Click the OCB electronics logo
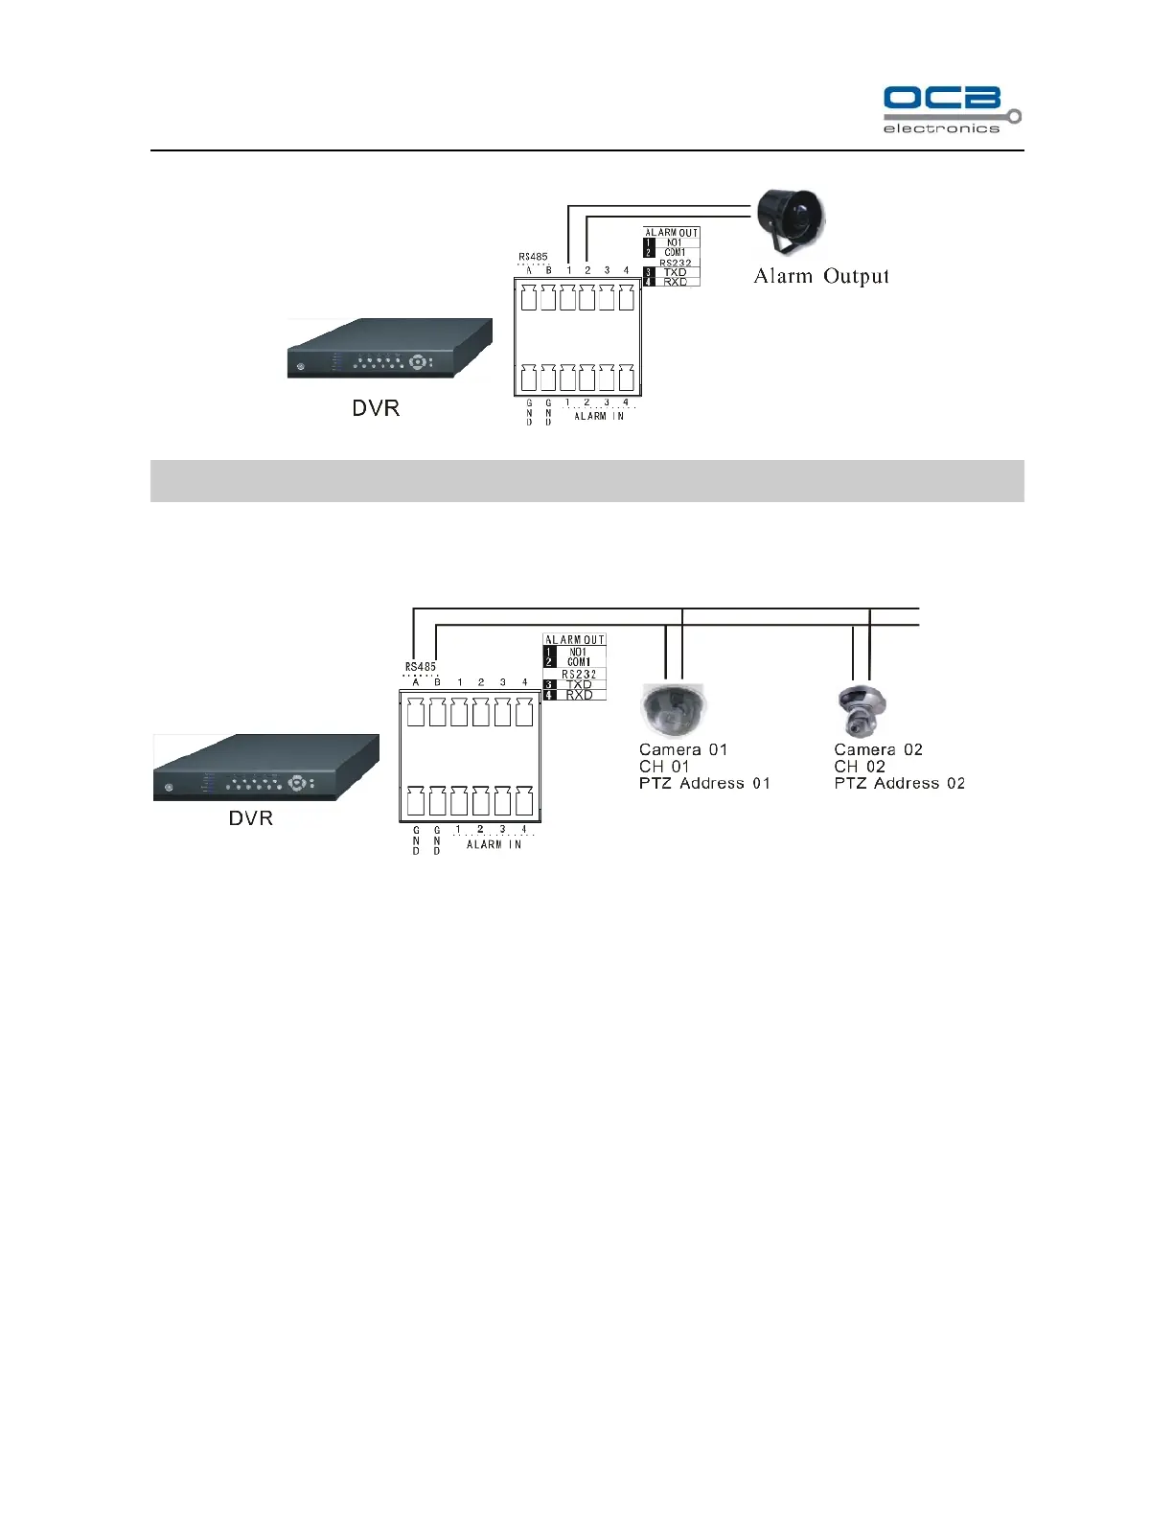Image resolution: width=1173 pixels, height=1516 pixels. pyautogui.click(x=951, y=109)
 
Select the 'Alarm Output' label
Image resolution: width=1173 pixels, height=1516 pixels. pyautogui.click(x=821, y=277)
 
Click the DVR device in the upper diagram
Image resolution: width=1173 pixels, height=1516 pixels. pyautogui.click(x=389, y=349)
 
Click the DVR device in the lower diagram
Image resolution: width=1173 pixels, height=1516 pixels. pyautogui.click(x=265, y=769)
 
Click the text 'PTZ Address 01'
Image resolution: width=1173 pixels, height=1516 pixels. pyautogui.click(x=704, y=784)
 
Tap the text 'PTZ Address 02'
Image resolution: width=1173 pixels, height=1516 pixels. pyautogui.click(x=899, y=784)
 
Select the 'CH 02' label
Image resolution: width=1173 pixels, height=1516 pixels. pyautogui.click(x=860, y=767)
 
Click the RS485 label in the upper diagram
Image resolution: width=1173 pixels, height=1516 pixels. pyautogui.click(x=533, y=257)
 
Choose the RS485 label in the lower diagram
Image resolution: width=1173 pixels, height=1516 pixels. pyautogui.click(x=420, y=667)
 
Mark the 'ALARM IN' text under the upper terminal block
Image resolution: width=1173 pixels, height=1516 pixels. pyautogui.click(x=599, y=416)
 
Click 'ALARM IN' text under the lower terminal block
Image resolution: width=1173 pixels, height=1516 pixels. pyautogui.click(x=494, y=844)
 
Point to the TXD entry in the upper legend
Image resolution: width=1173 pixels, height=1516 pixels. pyautogui.click(x=675, y=272)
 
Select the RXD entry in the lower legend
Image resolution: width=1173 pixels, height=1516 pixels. pyautogui.click(x=579, y=695)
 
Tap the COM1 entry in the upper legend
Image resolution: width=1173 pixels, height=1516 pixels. pyautogui.click(x=675, y=253)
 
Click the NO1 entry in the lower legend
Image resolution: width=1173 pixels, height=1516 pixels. pyautogui.click(x=578, y=652)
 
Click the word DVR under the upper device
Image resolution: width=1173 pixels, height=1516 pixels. pyautogui.click(x=376, y=408)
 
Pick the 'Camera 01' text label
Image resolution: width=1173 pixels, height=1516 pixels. pyautogui.click(x=683, y=750)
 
